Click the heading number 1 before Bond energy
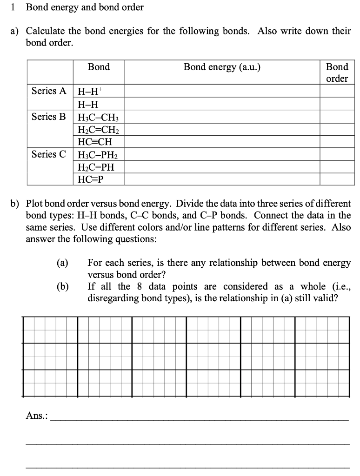click(14, 7)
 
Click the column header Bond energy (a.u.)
click(222, 67)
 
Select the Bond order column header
click(337, 73)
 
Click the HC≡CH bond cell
click(95, 142)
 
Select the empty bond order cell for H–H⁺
click(337, 91)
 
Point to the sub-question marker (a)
click(62, 263)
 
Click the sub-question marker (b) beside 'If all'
click(62, 287)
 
